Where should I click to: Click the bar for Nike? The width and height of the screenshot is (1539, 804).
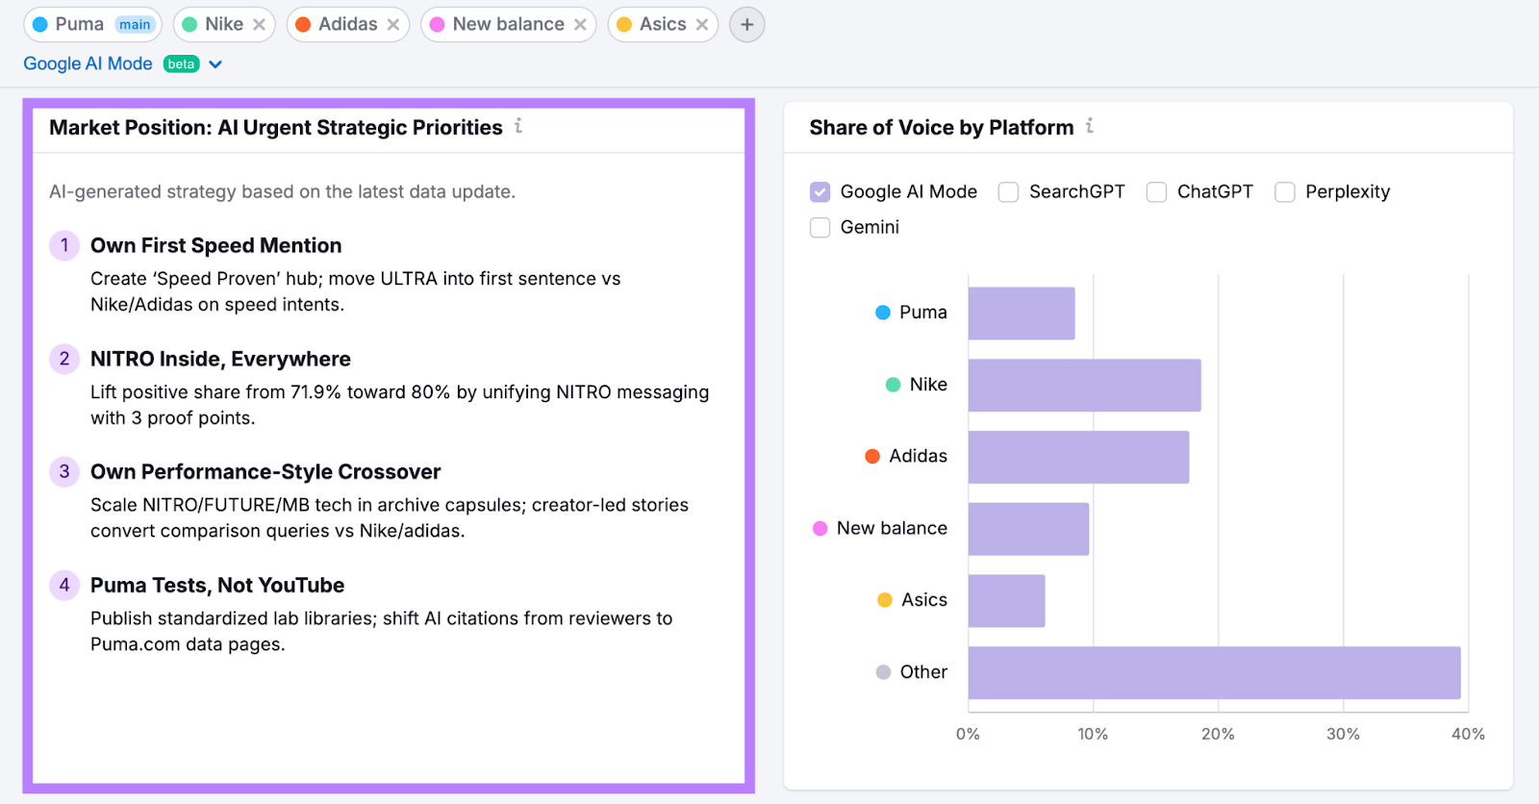pos(1084,386)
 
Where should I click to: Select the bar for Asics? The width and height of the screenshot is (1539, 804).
pos(1006,601)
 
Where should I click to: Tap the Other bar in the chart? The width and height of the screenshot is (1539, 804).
pos(1214,672)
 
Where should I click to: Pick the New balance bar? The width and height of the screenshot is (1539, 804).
pos(1028,529)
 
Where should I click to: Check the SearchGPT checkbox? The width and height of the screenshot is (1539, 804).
pos(1008,192)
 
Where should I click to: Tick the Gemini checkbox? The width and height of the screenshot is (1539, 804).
pos(820,228)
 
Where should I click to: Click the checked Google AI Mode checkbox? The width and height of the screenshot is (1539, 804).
pos(820,192)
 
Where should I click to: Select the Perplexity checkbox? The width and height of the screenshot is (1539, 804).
pos(1284,192)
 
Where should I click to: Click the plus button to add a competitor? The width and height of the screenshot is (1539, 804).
pos(746,25)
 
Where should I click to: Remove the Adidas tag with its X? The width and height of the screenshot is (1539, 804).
pos(393,25)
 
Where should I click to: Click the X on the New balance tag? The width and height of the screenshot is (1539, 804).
pos(580,25)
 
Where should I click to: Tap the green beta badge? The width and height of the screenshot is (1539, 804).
pos(181,64)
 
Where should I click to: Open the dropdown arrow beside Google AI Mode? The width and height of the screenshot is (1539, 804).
pos(215,64)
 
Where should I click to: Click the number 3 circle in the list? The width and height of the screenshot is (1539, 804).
pos(64,472)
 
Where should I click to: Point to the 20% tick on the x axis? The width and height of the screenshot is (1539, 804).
pos(1218,734)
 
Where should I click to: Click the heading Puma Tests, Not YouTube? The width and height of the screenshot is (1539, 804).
pos(217,586)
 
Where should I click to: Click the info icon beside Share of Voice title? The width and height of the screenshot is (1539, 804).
pos(1090,126)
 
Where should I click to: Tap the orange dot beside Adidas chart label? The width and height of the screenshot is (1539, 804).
pos(872,456)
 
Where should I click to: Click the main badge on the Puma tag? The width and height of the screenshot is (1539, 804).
pos(135,25)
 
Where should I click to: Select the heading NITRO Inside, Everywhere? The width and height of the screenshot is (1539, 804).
pos(220,360)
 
